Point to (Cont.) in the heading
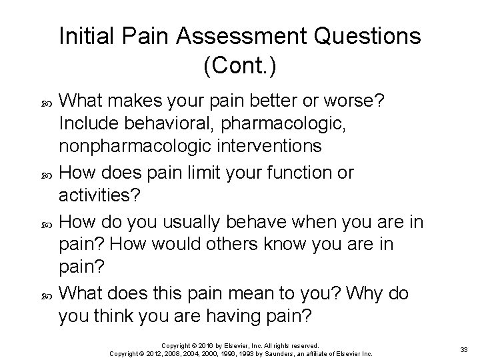[240, 65]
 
